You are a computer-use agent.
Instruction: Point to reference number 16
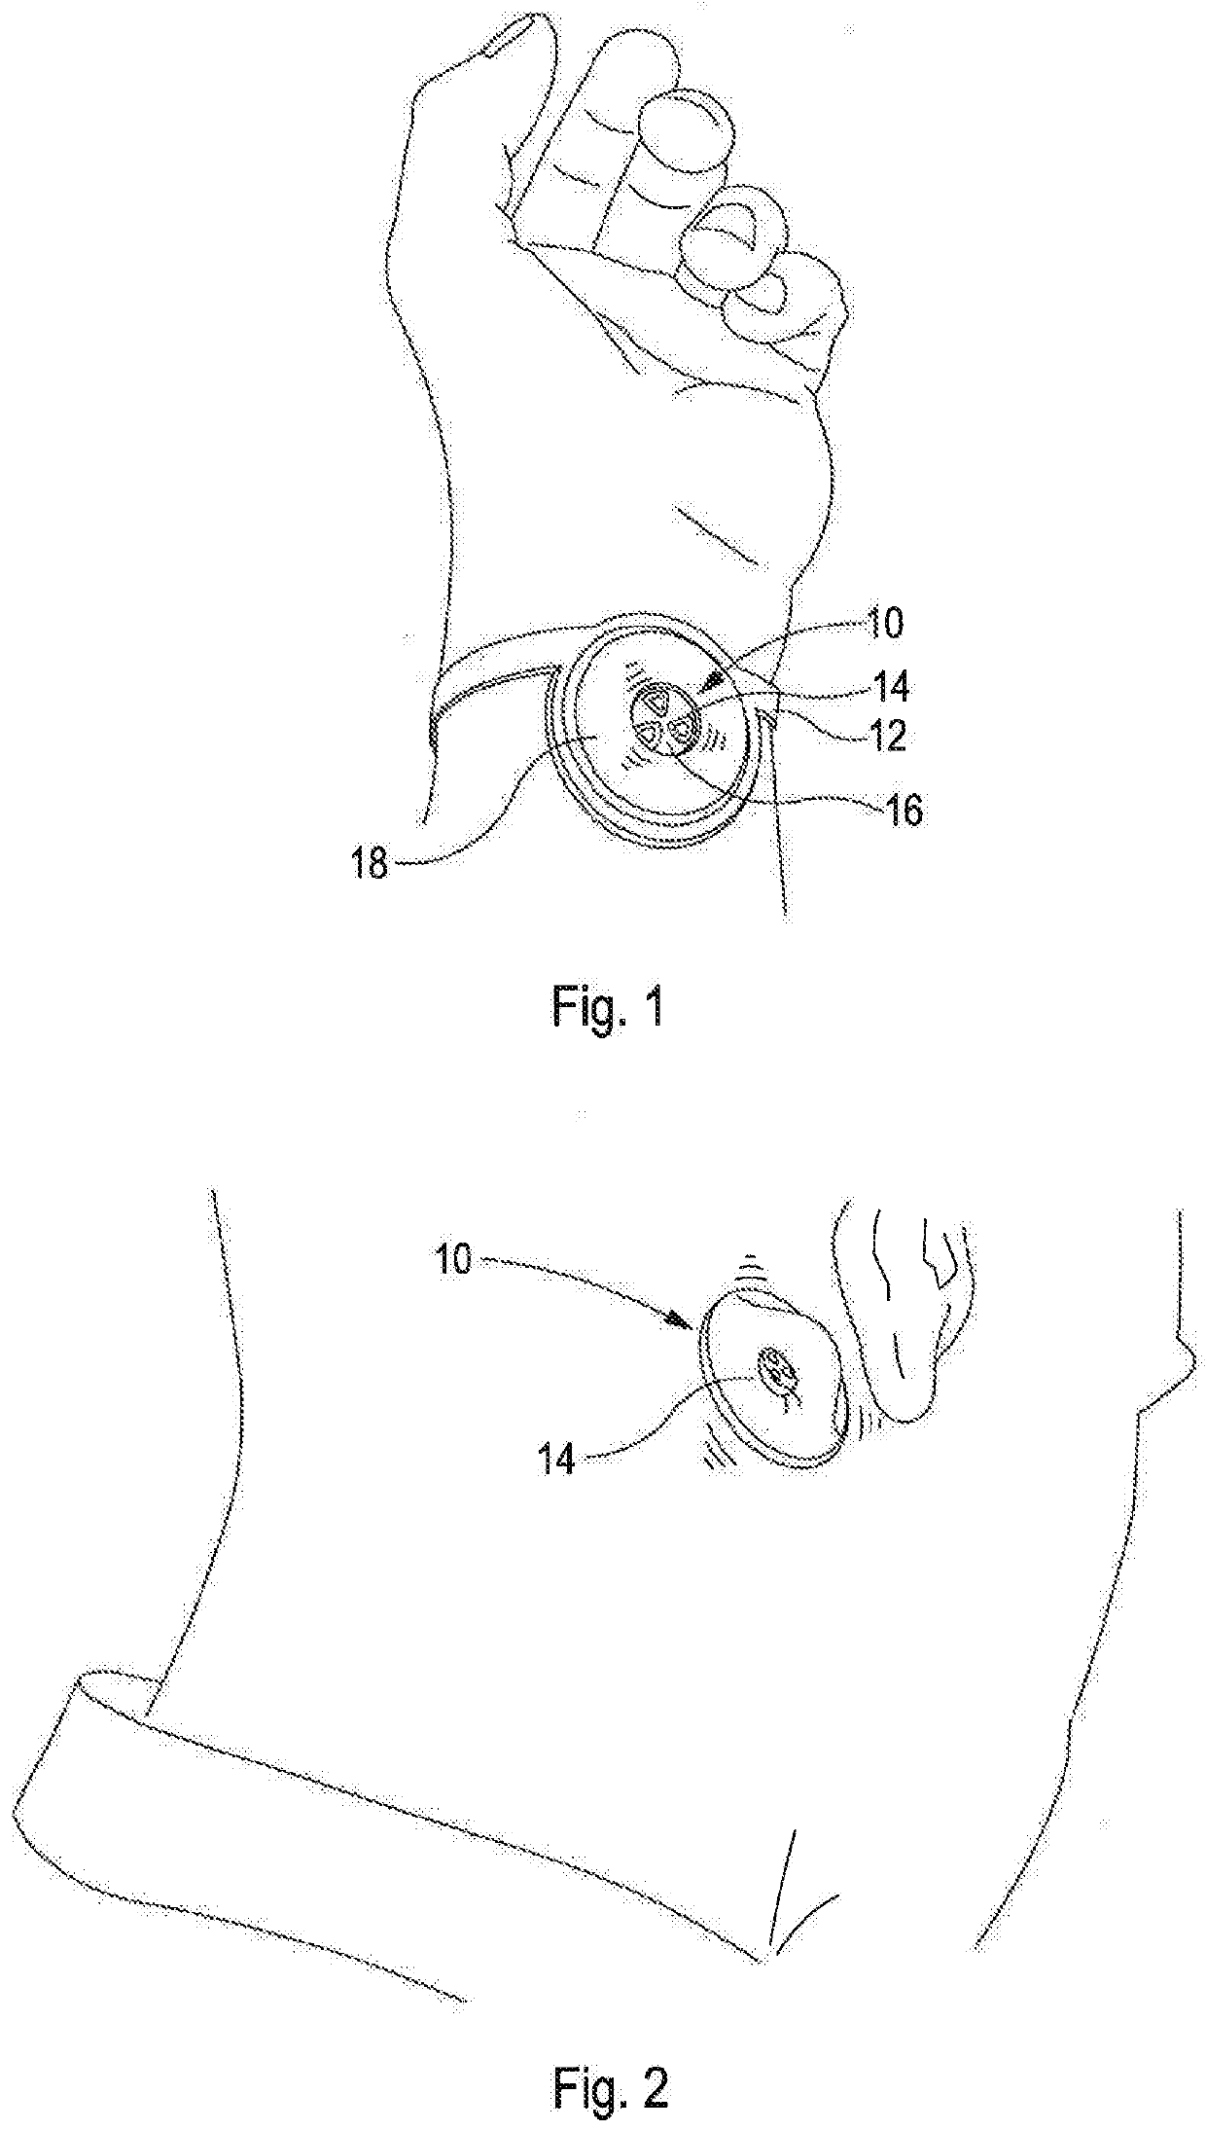pos(901,810)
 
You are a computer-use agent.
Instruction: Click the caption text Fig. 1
pos(609,1008)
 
